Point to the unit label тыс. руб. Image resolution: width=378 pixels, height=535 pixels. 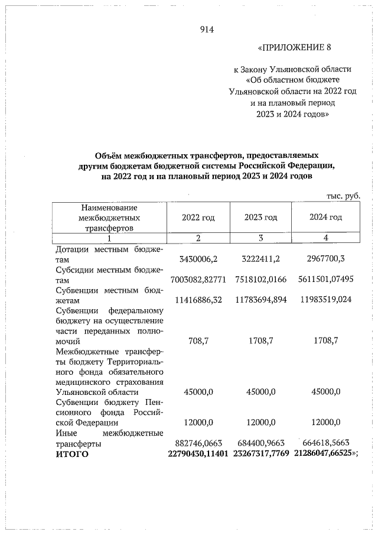coord(343,196)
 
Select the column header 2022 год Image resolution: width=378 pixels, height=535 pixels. coord(198,218)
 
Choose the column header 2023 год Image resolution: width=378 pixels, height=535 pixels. coord(260,218)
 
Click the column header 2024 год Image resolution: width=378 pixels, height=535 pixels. coord(325,218)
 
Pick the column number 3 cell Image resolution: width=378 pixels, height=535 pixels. coord(260,238)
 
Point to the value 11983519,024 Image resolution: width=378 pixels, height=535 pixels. coord(325,300)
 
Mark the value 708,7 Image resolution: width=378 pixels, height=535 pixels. coord(198,342)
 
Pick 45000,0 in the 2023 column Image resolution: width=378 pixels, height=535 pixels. coord(260,391)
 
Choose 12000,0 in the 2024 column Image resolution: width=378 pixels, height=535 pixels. coord(325,422)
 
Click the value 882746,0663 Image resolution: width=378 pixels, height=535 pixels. coord(198,443)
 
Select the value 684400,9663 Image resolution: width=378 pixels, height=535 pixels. coord(260,443)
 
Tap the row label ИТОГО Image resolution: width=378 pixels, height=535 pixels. coord(71,453)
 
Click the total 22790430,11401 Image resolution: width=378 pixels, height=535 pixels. coord(198,453)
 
